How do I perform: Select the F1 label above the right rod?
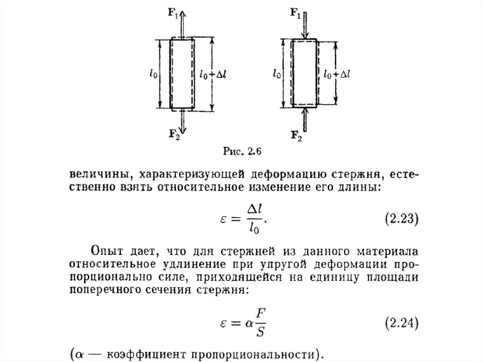(295, 13)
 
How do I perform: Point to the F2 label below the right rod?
(295, 137)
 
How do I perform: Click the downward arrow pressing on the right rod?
(305, 26)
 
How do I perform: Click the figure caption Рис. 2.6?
(241, 152)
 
